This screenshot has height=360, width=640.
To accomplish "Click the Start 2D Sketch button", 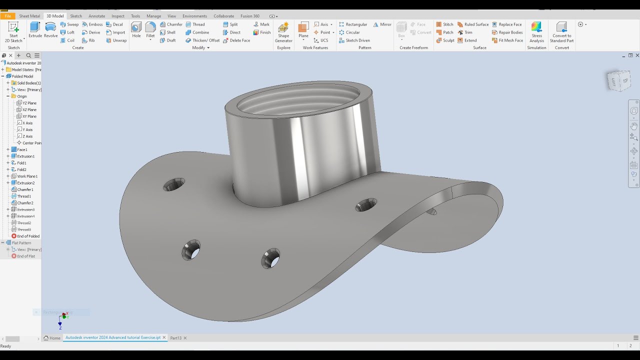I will [x=13, y=32].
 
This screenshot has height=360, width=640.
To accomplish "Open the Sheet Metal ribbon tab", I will [x=29, y=16].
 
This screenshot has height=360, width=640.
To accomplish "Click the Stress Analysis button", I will [x=536, y=32].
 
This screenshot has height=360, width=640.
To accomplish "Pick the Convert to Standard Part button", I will [x=561, y=32].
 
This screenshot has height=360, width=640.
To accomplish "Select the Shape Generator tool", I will [x=283, y=32].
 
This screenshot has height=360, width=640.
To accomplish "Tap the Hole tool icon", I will [x=136, y=30].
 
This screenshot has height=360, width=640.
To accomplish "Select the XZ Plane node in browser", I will [x=29, y=109].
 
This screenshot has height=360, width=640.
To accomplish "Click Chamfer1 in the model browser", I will [x=25, y=189].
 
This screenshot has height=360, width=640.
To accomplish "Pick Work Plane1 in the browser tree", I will [x=27, y=176].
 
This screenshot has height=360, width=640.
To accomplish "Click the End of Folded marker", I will [x=28, y=236].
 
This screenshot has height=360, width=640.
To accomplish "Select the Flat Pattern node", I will [x=21, y=243].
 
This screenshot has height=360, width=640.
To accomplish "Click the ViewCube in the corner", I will [x=619, y=80].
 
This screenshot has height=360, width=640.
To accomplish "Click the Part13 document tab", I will [x=175, y=338].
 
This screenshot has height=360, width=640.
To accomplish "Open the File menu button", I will [x=8, y=16].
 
